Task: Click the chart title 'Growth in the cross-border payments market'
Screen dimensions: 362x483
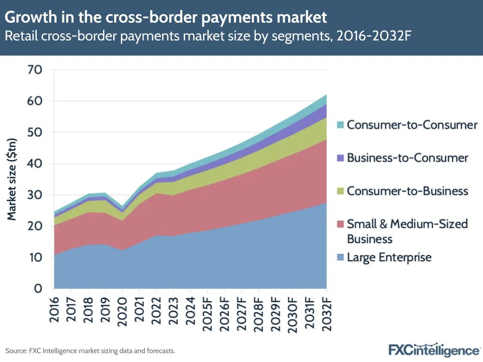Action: pos(166,18)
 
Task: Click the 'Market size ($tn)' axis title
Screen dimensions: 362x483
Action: pos(12,179)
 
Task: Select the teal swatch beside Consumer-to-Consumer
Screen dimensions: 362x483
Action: pos(340,125)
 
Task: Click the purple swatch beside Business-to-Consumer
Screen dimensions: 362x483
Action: pos(340,158)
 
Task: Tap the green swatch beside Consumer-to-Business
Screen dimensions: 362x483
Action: pos(340,191)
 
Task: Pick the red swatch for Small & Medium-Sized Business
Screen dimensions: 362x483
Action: pos(340,224)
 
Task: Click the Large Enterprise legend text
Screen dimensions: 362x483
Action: pos(389,257)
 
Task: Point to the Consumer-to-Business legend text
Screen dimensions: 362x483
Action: pos(408,191)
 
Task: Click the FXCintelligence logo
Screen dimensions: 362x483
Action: pos(434,349)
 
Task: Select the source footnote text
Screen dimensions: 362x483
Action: pos(90,350)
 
